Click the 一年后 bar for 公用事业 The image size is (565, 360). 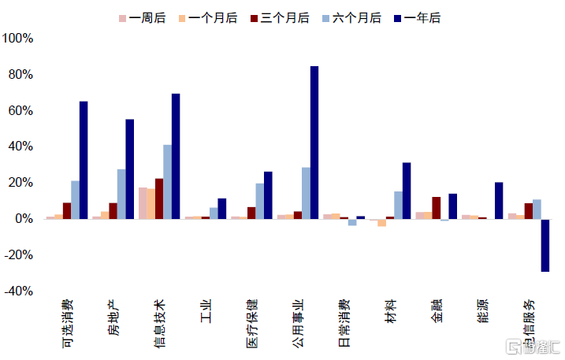coord(314,143)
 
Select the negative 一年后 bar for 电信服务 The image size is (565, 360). coord(545,245)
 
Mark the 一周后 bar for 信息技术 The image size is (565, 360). coord(143,203)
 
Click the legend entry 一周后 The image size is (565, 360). coord(142,17)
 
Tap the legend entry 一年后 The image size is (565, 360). coord(421,17)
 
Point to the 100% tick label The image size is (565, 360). coord(18,39)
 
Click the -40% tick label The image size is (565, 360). coord(18,291)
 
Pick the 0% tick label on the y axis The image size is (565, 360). coord(24,219)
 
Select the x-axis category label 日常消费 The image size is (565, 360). coord(345,323)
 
